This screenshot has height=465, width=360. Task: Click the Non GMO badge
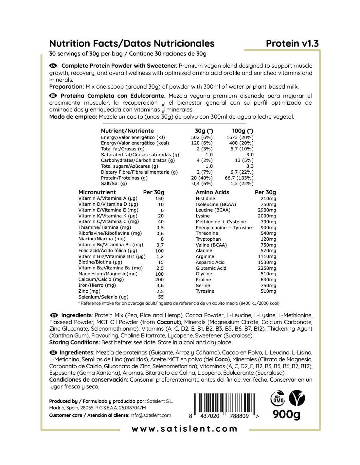tap(278, 398)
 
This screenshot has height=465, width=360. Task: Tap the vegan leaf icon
tap(297, 398)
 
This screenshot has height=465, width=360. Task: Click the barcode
tap(224, 405)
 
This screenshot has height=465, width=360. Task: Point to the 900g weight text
tap(286, 414)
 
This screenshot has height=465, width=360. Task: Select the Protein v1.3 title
tap(292, 43)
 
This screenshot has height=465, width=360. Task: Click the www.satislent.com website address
tap(184, 429)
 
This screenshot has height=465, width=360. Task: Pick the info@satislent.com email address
tap(151, 415)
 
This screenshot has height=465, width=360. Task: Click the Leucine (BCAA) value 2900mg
tap(267, 210)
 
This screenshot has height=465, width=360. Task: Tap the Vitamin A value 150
tap(159, 198)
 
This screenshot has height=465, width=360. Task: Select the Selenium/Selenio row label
tap(103, 297)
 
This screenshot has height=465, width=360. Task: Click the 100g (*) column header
tap(243, 131)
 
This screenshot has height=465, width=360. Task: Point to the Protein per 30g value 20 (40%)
tap(202, 178)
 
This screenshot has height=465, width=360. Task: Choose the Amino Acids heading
tap(212, 192)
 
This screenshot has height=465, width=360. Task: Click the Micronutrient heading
tap(97, 192)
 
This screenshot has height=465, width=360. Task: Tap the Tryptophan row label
tap(208, 239)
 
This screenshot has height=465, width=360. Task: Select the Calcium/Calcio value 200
tap(159, 280)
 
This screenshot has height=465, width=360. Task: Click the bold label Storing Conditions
tap(74, 342)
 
